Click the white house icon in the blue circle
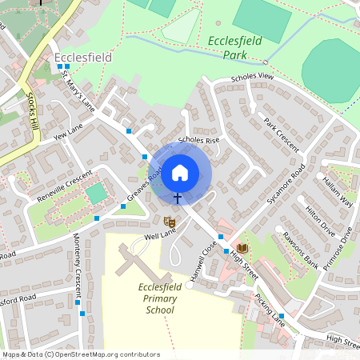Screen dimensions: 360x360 pos(180,171)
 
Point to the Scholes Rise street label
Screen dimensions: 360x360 pos(198,140)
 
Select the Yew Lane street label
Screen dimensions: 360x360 pos(68,132)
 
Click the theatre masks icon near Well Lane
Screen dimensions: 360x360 pos(170,221)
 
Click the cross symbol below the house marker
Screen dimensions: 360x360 pos(177,196)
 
